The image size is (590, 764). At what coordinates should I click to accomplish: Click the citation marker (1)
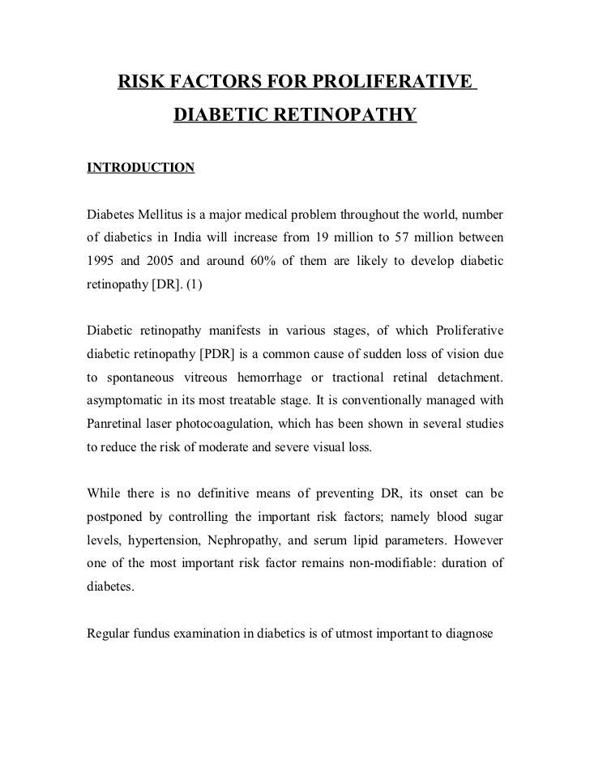click(195, 285)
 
